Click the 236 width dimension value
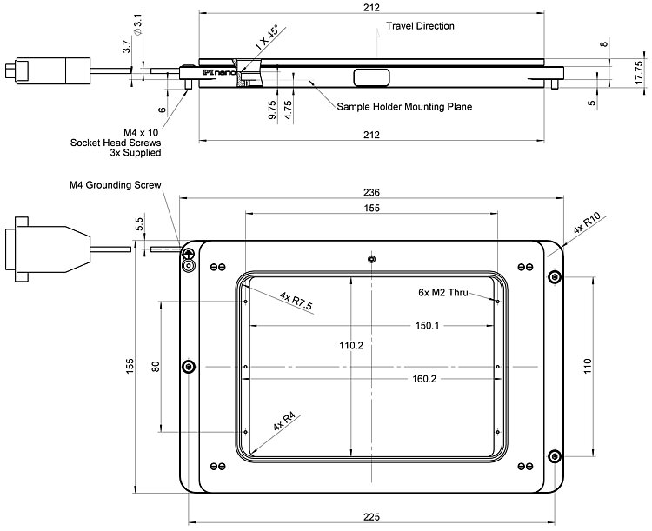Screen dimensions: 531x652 point(371,192)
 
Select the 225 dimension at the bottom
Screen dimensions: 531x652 point(371,517)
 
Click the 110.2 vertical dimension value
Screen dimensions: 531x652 point(350,345)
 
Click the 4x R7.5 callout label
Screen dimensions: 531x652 point(296,301)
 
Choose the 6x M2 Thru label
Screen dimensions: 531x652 point(442,293)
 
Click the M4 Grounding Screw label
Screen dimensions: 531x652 point(116,185)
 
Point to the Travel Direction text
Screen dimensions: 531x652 point(421,26)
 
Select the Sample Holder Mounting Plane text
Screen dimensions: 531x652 point(404,107)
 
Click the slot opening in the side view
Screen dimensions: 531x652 point(372,79)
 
